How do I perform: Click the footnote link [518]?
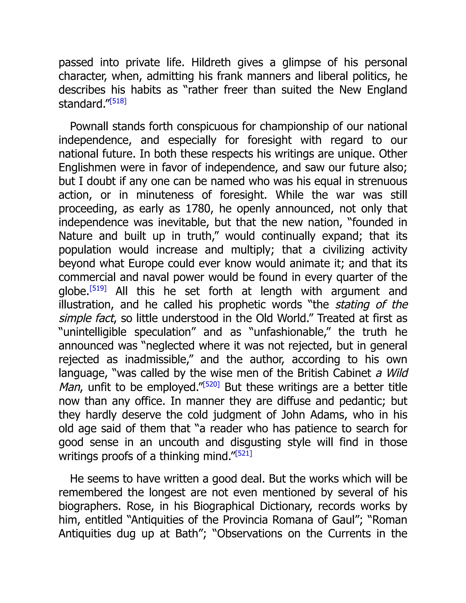point(118,101)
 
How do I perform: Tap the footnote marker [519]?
point(98,289)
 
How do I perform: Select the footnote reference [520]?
point(211,384)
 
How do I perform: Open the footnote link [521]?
point(243,453)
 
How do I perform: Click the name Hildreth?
point(211,63)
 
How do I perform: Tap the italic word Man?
point(70,387)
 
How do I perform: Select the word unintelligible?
point(95,332)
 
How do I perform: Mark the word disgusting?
point(255,442)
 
